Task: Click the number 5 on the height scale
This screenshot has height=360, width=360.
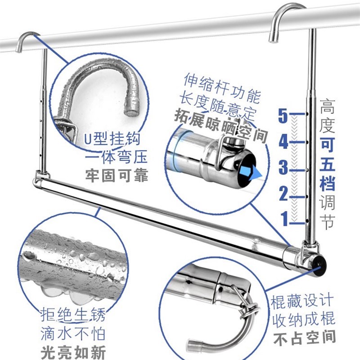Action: (x=283, y=116)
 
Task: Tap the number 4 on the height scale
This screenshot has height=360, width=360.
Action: (x=283, y=143)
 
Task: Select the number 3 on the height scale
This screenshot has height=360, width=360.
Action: (x=283, y=168)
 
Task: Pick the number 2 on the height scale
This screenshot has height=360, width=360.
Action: (x=283, y=194)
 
